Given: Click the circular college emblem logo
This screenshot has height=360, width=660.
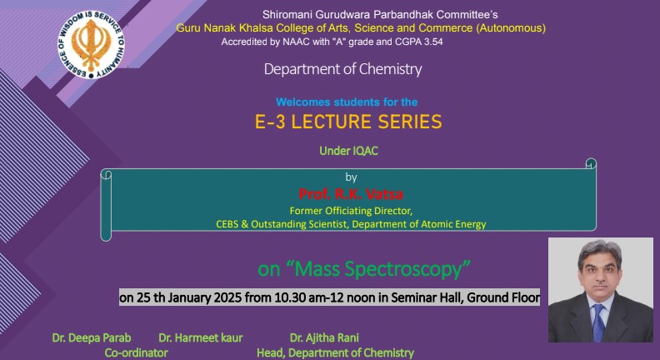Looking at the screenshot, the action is (91, 45).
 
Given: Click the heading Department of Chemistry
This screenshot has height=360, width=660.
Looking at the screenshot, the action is (342, 69).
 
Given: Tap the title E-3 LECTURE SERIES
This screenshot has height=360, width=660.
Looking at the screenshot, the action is (348, 122).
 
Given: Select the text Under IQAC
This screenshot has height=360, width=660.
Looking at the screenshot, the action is (348, 151).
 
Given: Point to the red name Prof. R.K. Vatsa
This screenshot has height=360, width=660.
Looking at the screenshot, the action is (351, 194).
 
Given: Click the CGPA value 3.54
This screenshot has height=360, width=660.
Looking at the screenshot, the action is (432, 42).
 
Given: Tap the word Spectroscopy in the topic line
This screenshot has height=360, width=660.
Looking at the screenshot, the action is (407, 268).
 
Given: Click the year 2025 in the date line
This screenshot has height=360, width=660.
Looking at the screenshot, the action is (227, 297).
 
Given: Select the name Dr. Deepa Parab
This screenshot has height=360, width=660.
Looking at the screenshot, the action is (92, 337).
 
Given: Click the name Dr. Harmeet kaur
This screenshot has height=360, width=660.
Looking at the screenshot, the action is (201, 337).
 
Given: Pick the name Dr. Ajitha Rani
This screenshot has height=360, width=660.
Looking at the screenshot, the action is (324, 337).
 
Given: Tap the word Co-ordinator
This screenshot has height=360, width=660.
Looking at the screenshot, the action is (137, 352).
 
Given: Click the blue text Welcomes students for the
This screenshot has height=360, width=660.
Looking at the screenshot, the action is (347, 102).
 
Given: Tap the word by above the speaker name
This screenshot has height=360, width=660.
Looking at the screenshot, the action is (351, 177).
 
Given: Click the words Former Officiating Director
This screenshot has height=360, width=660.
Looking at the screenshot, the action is (351, 211).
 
